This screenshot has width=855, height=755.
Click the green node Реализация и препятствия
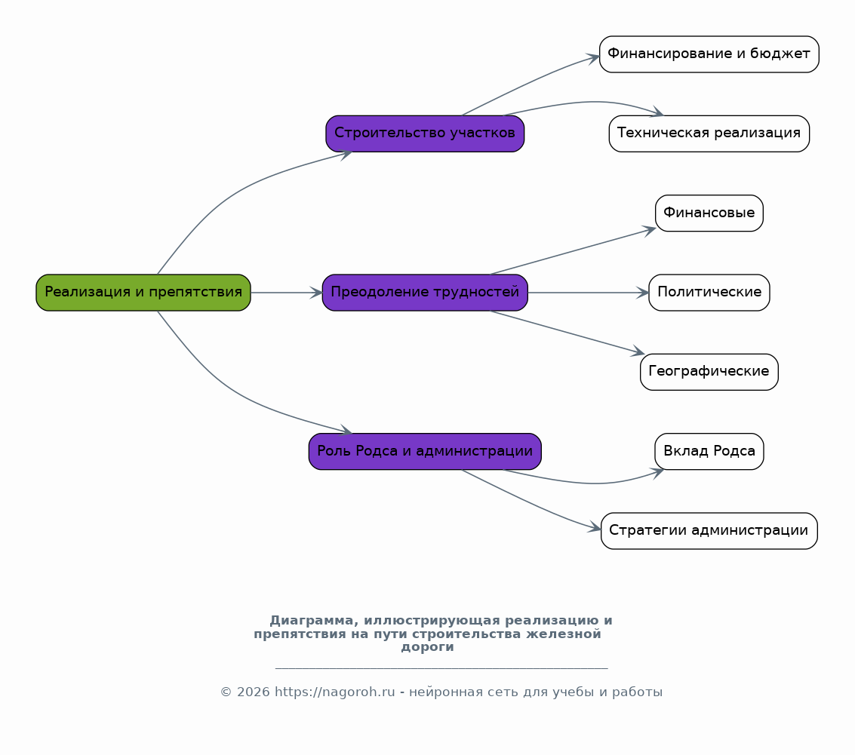[143, 293]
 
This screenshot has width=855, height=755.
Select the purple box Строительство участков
[425, 134]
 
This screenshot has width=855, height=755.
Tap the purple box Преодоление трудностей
[425, 293]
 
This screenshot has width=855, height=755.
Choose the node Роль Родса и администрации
[425, 451]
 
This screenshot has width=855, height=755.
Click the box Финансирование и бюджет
[709, 54]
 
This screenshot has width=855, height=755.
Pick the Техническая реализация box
[709, 134]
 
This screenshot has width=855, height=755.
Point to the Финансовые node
[709, 213]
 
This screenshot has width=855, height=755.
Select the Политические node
[709, 293]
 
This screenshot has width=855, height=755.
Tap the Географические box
[709, 372]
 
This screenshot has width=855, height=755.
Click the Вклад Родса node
[709, 451]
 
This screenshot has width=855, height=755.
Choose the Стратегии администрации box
[709, 531]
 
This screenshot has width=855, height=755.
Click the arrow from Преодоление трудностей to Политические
[589, 293]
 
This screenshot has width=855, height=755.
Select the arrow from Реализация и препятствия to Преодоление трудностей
[286, 293]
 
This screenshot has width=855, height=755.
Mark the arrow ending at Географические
[567, 332]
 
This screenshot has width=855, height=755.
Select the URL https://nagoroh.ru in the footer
[335, 692]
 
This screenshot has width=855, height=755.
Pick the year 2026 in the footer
[254, 692]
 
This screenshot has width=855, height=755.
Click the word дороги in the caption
[427, 648]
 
